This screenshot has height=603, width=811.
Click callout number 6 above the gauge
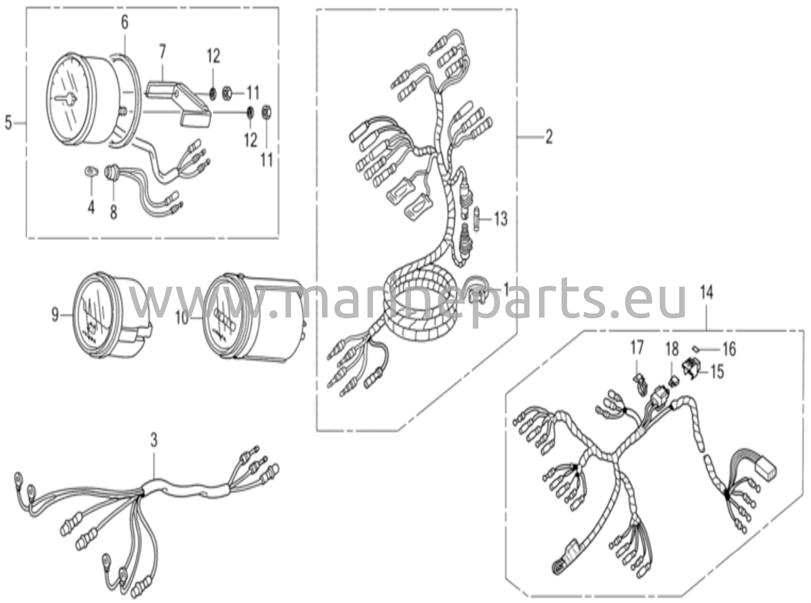point(124,23)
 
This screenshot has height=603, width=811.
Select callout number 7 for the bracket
point(162,52)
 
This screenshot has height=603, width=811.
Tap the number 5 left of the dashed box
point(8,123)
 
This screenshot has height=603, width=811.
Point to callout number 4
point(91,207)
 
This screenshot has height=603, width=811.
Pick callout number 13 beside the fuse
point(501,219)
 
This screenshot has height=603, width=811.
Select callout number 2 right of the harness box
point(548,137)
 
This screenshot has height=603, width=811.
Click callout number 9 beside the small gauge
point(55,315)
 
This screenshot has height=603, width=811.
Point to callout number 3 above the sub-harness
point(154,439)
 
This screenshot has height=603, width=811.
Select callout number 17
point(637,348)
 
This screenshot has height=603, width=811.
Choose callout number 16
point(729,349)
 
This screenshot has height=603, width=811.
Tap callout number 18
point(672,349)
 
